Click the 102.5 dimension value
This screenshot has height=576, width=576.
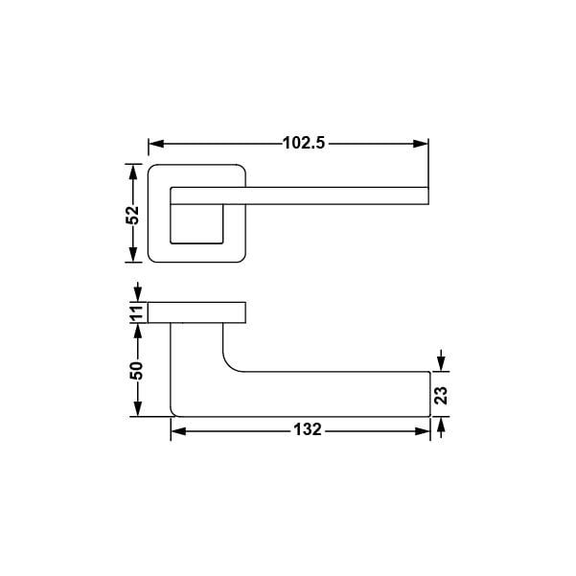304,143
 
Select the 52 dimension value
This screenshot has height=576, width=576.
132,215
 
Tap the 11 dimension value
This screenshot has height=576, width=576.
136,312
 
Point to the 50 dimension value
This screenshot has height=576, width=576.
136,371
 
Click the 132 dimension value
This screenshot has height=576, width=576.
308,429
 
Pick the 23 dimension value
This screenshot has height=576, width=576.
441,395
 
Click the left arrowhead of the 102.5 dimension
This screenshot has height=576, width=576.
156,144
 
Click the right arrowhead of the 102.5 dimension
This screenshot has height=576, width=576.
421,144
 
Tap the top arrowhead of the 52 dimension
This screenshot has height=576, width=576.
133,172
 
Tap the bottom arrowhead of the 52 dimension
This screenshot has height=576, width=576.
133,255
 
